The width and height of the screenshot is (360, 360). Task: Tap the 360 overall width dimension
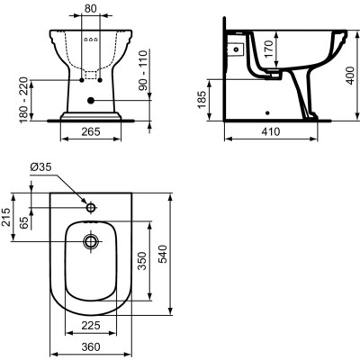pos(89,346)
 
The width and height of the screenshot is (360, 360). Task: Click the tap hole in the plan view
pos(89,206)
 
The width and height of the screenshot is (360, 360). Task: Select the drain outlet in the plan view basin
pos(89,241)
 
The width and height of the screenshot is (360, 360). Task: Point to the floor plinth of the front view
pos(89,115)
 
